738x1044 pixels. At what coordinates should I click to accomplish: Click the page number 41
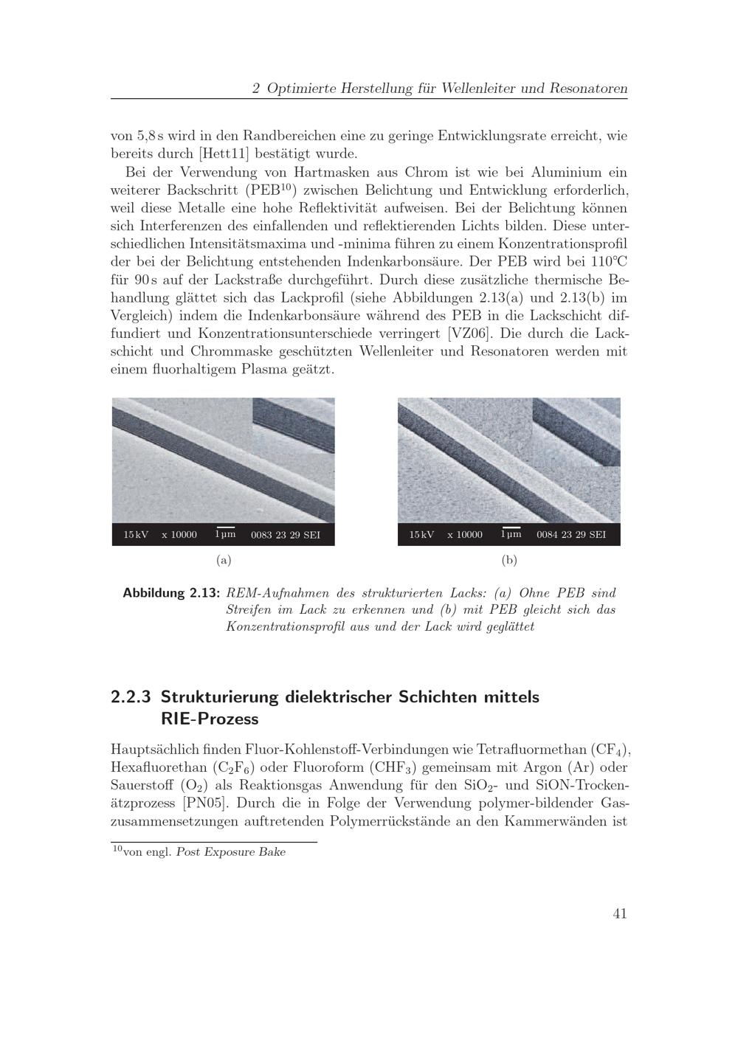(x=619, y=913)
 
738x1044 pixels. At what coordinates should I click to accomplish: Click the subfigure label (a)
(x=224, y=560)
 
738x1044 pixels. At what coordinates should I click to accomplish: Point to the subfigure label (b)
(x=509, y=560)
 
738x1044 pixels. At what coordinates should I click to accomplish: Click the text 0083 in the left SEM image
(x=261, y=535)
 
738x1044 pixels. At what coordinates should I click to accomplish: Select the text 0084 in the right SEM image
(x=547, y=535)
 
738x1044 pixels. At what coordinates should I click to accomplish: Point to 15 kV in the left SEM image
(x=136, y=535)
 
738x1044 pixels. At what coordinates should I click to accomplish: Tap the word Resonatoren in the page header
(x=587, y=89)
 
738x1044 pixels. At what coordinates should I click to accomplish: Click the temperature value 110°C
(x=609, y=262)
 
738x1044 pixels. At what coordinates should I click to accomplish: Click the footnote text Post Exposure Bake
(x=231, y=852)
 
